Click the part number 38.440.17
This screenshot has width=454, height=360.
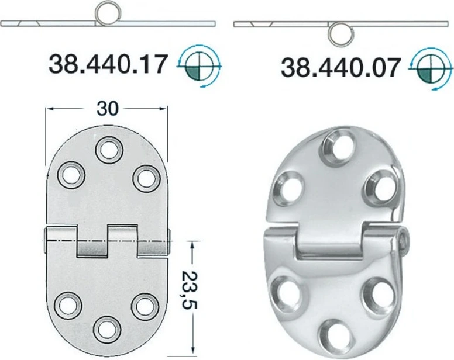click(108, 64)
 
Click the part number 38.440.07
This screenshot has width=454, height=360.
click(341, 68)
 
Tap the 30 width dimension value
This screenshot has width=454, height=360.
click(108, 109)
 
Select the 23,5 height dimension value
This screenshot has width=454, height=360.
click(189, 290)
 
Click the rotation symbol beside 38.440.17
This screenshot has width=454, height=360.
click(200, 66)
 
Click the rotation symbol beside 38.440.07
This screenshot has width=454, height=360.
click(432, 70)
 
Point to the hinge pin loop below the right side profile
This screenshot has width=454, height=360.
click(341, 33)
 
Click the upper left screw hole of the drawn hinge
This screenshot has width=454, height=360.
click(71, 175)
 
